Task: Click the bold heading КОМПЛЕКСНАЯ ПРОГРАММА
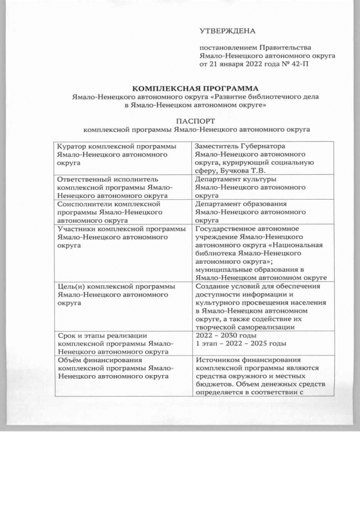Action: [195, 89]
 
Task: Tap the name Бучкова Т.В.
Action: [246, 170]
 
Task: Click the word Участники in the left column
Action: [77, 229]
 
